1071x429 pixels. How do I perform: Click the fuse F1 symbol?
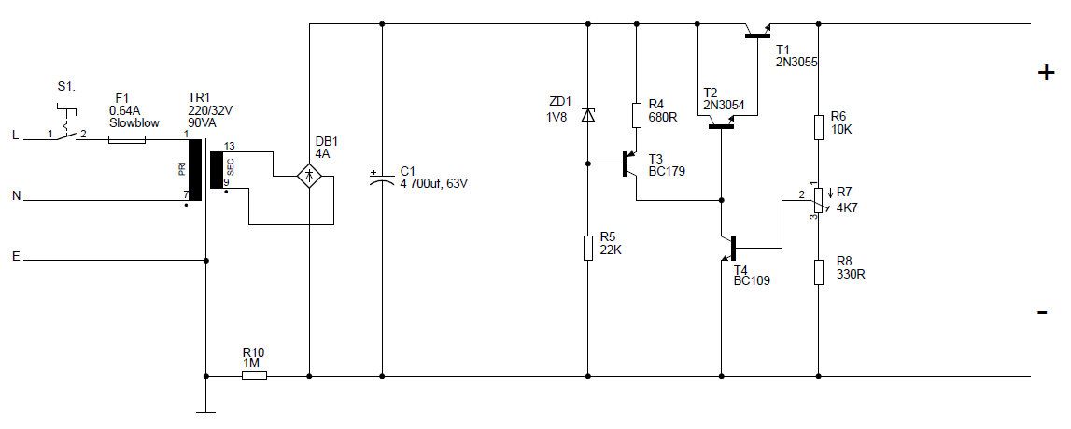click(x=127, y=139)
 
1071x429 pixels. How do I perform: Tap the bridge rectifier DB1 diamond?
click(x=309, y=177)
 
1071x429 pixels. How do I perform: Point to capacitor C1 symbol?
click(x=382, y=179)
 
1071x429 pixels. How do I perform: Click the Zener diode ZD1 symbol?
click(x=587, y=115)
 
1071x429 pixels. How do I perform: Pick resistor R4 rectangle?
click(x=637, y=115)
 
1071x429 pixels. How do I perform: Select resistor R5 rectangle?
click(x=587, y=247)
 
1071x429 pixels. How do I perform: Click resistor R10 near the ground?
click(x=255, y=376)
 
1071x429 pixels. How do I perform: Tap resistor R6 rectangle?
click(x=818, y=127)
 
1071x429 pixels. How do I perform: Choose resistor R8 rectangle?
click(x=818, y=272)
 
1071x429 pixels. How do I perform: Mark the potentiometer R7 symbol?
click(x=818, y=199)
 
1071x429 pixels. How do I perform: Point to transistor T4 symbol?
click(x=730, y=248)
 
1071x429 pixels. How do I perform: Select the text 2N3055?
click(x=796, y=62)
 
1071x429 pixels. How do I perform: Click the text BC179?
click(x=667, y=172)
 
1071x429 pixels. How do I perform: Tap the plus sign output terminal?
click(x=1045, y=73)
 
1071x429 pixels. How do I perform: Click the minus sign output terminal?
click(x=1042, y=313)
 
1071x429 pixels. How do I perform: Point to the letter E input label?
click(x=16, y=257)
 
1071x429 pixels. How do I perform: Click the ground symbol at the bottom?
click(x=205, y=412)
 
